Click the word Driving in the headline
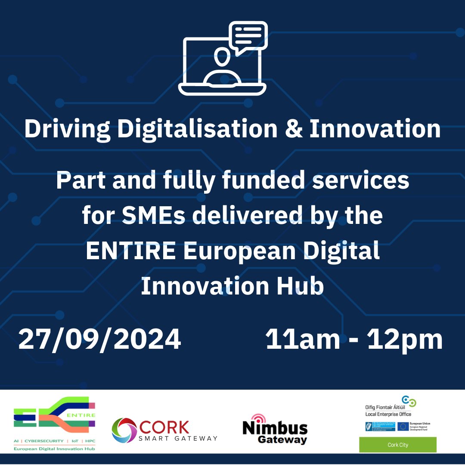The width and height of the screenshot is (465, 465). (x=63, y=129)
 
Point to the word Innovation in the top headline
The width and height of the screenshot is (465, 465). (x=374, y=129)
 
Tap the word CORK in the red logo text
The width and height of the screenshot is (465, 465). (x=164, y=427)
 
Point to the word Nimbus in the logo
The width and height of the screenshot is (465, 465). (x=275, y=428)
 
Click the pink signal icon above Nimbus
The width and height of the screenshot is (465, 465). (x=258, y=418)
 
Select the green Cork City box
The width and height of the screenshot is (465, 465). (x=397, y=445)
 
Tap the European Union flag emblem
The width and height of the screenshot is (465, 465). (x=403, y=426)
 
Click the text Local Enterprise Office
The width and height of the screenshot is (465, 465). (x=388, y=414)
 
